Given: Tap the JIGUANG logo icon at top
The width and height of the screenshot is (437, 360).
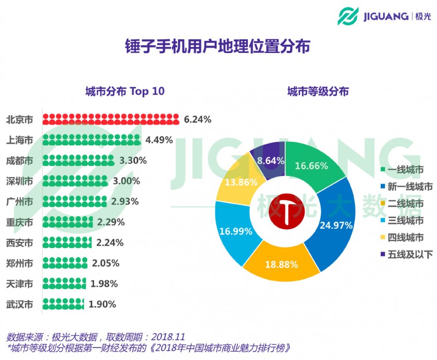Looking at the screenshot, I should (x=347, y=16).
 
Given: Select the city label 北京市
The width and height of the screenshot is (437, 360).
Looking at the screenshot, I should (x=20, y=119).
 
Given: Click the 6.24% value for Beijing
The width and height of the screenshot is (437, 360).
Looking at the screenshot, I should (x=197, y=119).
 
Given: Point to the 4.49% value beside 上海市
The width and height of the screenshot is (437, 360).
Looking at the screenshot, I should (x=159, y=140).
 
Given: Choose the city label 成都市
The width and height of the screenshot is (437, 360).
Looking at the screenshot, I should (x=20, y=161).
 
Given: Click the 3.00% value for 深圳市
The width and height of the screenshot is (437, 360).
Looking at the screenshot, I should (x=126, y=181).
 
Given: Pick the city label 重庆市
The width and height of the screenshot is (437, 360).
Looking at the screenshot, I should (x=20, y=222).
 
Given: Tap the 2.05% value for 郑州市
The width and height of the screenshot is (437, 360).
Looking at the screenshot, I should (x=105, y=263).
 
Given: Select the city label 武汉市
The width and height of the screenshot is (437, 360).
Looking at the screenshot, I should (x=20, y=304).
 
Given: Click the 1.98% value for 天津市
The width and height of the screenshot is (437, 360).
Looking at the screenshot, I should (x=104, y=284).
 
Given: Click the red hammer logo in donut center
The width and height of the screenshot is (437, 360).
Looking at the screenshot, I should (x=285, y=210).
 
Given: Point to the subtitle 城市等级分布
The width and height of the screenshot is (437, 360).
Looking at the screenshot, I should (x=318, y=91).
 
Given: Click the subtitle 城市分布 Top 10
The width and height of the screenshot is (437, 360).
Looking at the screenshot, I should (x=125, y=91).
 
